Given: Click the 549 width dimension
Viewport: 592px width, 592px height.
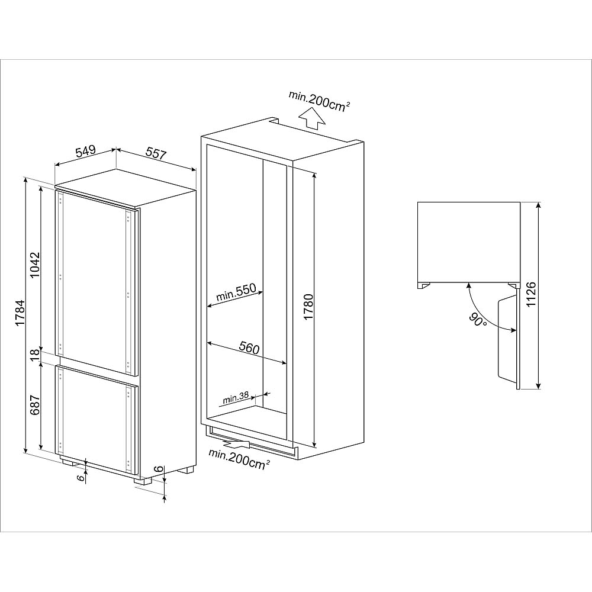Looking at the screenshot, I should pos(85,152).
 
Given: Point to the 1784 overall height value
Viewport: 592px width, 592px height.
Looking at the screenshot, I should pos(20,314).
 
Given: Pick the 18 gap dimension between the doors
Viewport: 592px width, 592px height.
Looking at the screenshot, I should pos(35,355).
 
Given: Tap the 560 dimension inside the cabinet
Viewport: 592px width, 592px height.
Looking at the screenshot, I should pos(249,348).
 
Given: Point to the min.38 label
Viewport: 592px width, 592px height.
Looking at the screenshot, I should pos(235,397).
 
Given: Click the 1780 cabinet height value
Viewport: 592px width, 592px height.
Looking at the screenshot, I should pos(308,307).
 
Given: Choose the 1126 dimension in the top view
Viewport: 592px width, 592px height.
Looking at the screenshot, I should pos(530,295).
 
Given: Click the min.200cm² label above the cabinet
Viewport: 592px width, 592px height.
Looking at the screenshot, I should pos(319,99).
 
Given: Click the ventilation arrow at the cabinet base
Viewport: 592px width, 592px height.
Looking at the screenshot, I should pos(237,443).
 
